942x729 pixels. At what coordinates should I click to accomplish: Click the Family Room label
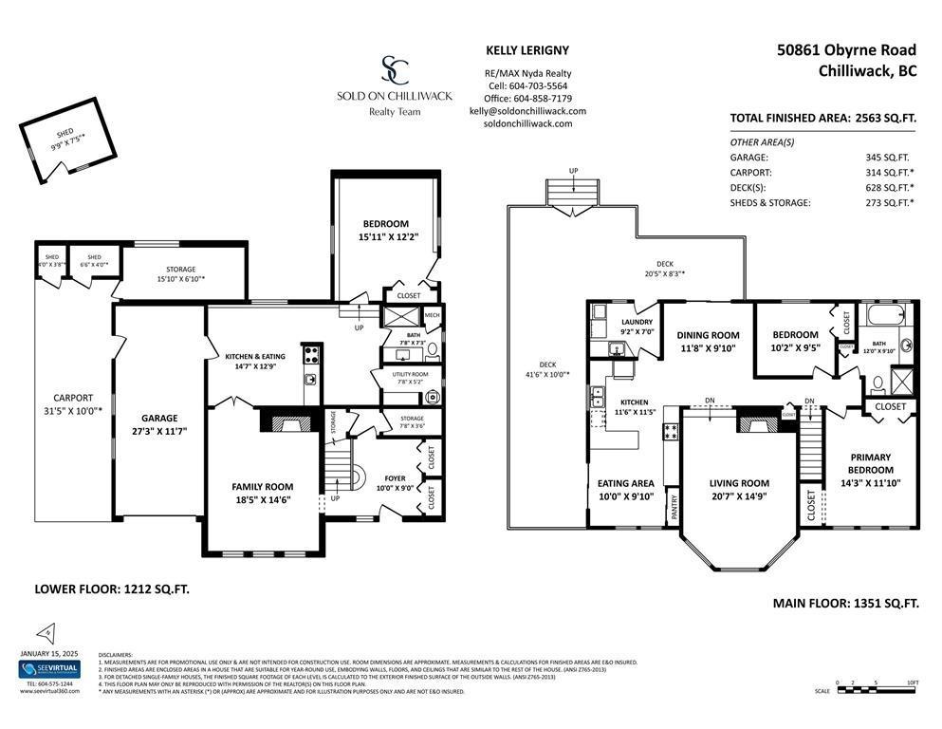click(263, 487)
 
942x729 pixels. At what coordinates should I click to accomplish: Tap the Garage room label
click(159, 418)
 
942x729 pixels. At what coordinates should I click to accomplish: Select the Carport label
click(73, 398)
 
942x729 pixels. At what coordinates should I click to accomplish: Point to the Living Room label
click(739, 483)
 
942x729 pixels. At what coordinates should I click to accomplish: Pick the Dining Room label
click(707, 335)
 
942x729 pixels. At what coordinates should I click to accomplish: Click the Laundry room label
click(637, 322)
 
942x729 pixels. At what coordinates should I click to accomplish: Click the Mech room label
click(433, 315)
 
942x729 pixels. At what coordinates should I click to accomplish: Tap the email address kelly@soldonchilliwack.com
click(527, 111)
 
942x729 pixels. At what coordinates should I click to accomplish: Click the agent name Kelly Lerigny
click(527, 50)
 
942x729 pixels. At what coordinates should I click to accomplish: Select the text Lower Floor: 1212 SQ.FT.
click(112, 589)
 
